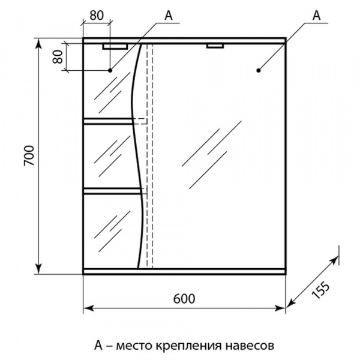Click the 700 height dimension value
click(29, 155)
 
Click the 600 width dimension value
click(184, 299)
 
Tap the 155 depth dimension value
click(320, 290)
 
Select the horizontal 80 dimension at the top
click(97, 16)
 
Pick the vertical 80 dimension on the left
click(58, 57)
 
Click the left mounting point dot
click(110, 70)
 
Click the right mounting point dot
click(259, 70)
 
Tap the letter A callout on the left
click(168, 16)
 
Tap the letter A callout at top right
click(316, 16)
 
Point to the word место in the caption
click(134, 346)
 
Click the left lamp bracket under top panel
click(115, 47)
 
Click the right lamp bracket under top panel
click(215, 46)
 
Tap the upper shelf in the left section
click(108, 121)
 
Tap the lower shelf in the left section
click(112, 191)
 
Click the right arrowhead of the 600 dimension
click(280, 308)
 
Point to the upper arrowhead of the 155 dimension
click(335, 260)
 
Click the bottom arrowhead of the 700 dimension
click(39, 269)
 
